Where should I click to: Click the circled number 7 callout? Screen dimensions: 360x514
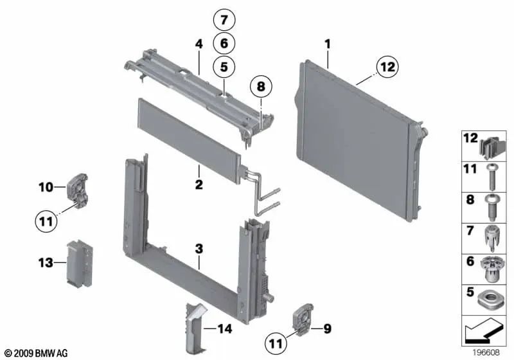(224, 21)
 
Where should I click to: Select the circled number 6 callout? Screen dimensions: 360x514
(224, 43)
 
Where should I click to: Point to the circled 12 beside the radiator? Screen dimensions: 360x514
(387, 66)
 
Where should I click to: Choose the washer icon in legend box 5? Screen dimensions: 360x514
(490, 298)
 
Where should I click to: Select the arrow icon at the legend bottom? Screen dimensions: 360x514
(486, 332)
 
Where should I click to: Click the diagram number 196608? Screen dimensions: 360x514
(488, 353)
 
